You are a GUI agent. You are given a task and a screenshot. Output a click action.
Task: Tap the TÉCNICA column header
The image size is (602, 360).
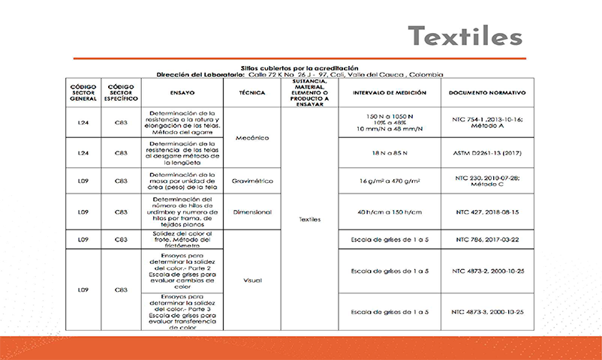click(251, 93)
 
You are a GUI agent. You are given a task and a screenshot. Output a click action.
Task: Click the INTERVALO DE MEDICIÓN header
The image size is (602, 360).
click(390, 93)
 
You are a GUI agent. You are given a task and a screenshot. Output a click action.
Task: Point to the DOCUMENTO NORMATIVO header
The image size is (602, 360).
click(487, 93)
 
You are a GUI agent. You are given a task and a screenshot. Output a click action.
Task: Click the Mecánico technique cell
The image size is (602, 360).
click(251, 138)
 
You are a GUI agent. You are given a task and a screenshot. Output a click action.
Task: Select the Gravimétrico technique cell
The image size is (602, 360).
click(251, 181)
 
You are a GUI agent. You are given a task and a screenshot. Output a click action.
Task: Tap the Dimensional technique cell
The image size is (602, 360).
click(251, 213)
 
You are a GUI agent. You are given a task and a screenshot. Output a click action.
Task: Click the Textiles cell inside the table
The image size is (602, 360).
click(309, 220)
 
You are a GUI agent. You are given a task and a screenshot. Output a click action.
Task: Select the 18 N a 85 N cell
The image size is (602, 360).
click(390, 152)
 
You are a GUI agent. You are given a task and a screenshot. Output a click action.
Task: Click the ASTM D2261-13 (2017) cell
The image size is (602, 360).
click(487, 152)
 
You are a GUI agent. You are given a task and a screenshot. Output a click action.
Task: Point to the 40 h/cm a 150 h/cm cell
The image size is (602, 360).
click(390, 213)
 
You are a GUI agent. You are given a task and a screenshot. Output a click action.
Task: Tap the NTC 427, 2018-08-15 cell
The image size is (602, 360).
click(487, 213)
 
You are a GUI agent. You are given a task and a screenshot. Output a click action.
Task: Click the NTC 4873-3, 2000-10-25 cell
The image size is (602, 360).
click(487, 311)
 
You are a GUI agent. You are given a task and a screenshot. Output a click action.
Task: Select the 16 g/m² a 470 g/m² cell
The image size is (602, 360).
click(390, 181)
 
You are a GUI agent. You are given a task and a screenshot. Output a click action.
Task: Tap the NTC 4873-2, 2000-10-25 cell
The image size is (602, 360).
click(487, 270)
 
